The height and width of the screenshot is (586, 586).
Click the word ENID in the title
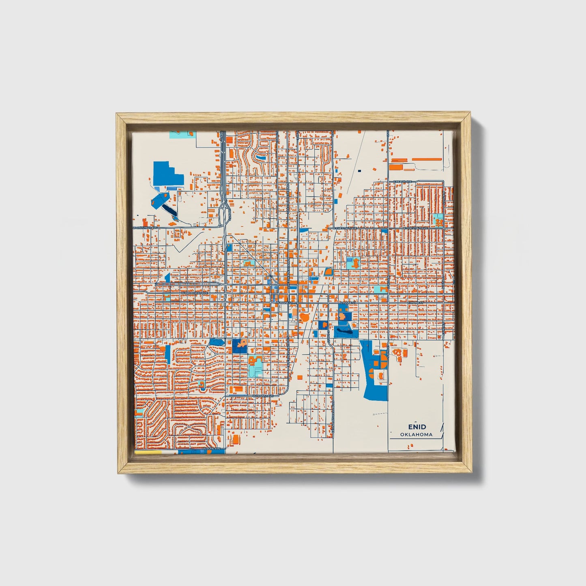[417, 427]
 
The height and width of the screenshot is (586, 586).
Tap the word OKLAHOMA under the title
[416, 434]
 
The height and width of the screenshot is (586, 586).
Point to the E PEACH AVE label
[403, 181]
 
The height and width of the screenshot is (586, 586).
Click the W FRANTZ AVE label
[263, 395]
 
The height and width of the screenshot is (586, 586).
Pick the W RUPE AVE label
[213, 449]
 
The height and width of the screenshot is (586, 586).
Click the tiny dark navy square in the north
[359, 171]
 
